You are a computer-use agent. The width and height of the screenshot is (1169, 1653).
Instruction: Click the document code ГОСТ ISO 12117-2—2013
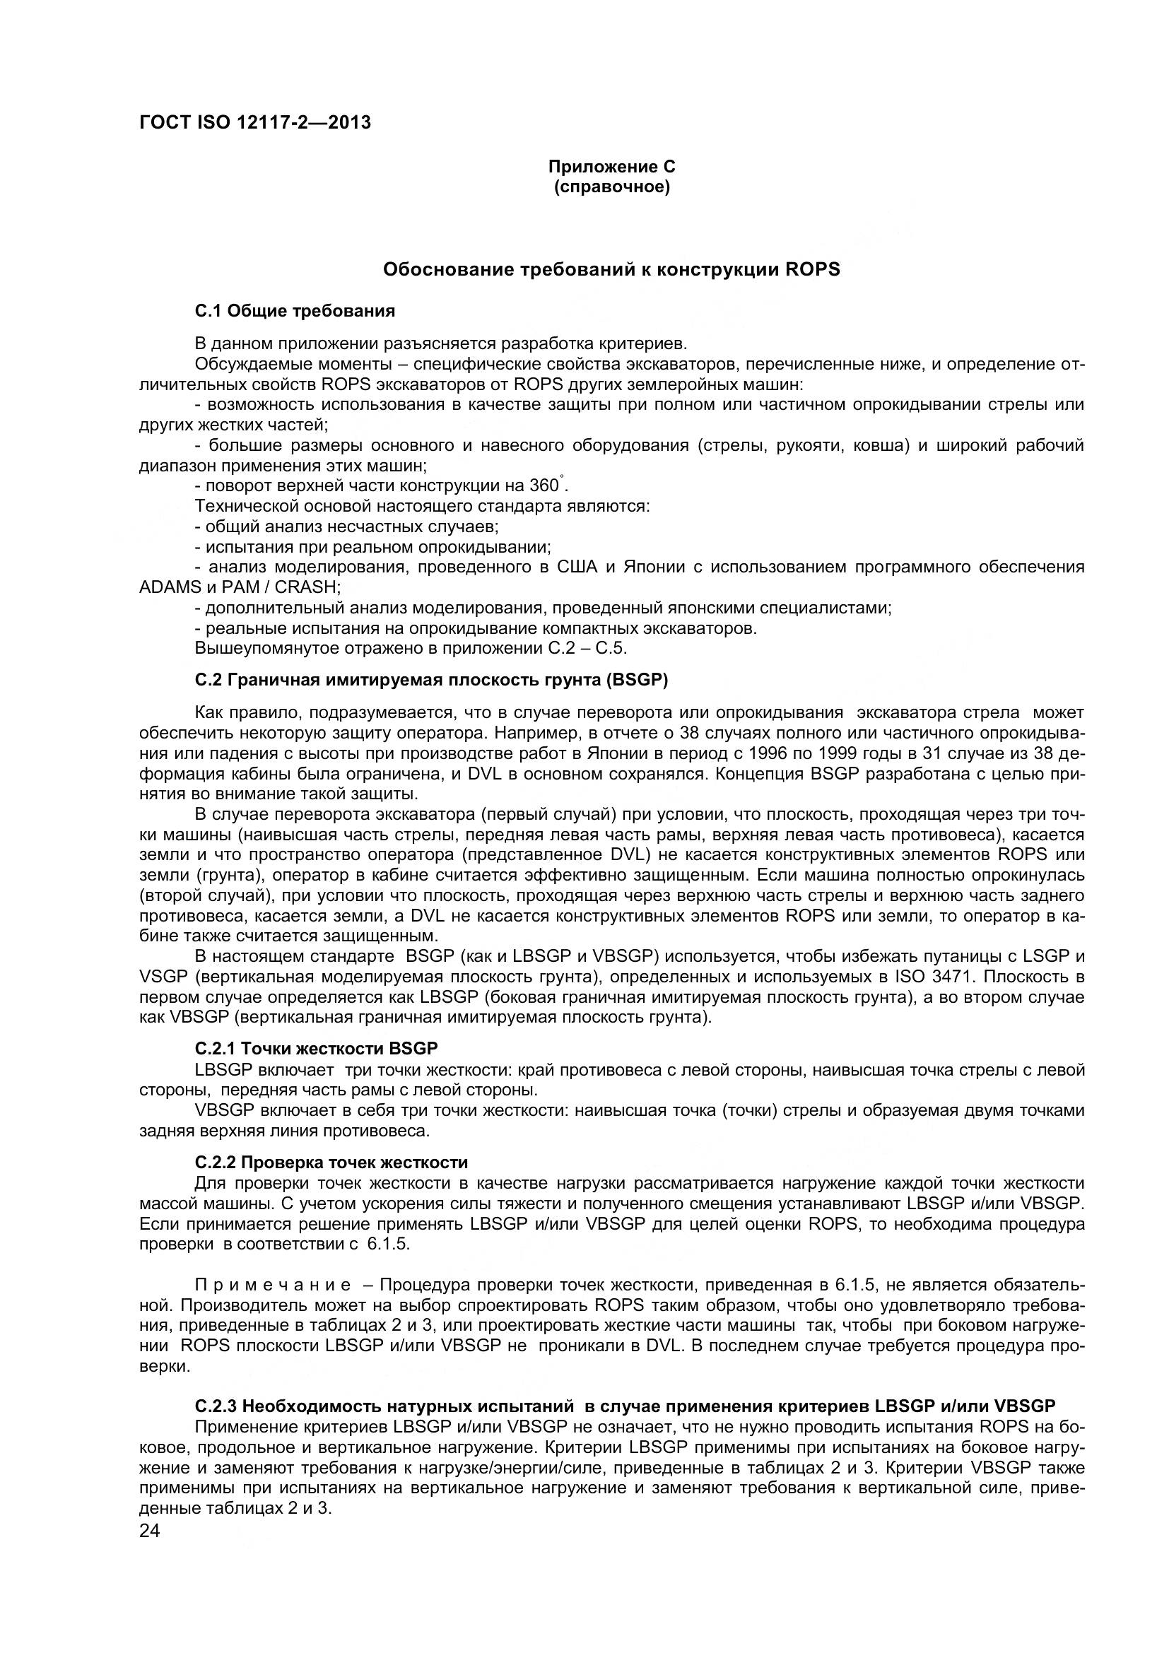click(x=255, y=122)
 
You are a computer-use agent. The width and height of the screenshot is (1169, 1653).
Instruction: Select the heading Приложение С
click(x=611, y=167)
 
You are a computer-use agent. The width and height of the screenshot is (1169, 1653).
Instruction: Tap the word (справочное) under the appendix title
click(x=611, y=188)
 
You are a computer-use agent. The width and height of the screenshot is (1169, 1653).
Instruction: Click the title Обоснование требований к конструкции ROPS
click(x=611, y=270)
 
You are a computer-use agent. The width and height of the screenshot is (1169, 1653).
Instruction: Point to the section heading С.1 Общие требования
click(x=295, y=311)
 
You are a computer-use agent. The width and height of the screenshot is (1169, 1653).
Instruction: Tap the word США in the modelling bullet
click(x=577, y=567)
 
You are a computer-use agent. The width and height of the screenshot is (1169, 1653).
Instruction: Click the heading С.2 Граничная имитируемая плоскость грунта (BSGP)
click(x=431, y=681)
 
